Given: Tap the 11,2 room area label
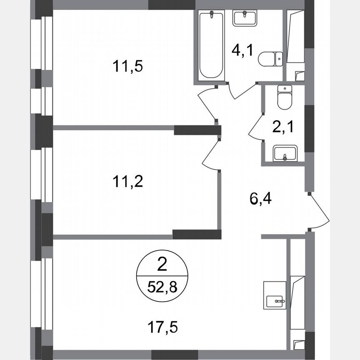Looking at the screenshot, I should click(x=127, y=182).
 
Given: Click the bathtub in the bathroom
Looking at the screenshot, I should click(x=212, y=46).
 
